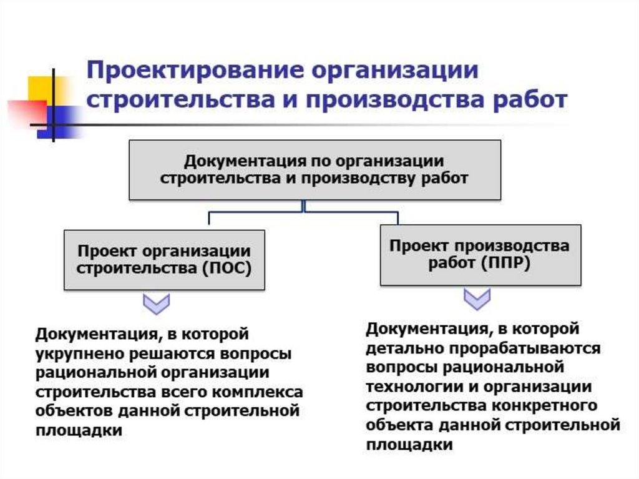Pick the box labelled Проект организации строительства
[164, 259]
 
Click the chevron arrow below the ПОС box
[156, 305]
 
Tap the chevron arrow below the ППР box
[477, 299]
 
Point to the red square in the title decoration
[25, 111]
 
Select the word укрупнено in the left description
[80, 353]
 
